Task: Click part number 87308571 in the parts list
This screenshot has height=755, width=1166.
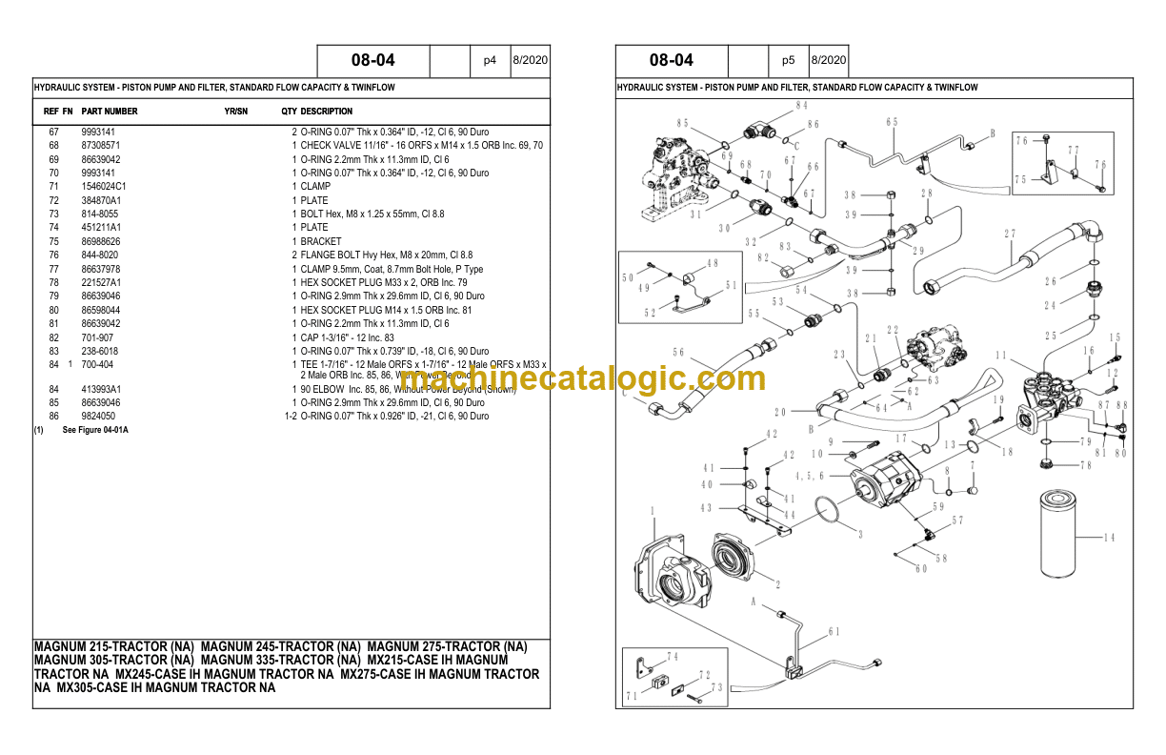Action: (x=100, y=146)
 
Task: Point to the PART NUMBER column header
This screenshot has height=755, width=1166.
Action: (x=110, y=112)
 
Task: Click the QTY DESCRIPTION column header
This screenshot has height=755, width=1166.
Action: (x=316, y=112)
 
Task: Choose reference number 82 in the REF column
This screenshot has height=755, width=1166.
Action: (x=54, y=338)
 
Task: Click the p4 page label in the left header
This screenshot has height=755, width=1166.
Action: (x=490, y=60)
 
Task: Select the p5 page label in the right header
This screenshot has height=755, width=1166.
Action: (x=788, y=60)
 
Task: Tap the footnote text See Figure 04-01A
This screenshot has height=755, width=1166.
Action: (x=95, y=431)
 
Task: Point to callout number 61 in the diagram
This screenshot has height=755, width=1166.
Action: (x=834, y=632)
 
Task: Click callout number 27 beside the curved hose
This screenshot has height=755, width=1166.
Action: (x=1010, y=235)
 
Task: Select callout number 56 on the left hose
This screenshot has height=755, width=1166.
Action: (x=678, y=352)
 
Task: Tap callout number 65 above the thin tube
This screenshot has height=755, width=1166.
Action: (x=892, y=122)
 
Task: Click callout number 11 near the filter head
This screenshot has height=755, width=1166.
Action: (x=1000, y=356)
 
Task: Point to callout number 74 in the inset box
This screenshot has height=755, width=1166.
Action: (x=673, y=657)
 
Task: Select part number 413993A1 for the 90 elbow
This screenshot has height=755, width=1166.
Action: (x=102, y=389)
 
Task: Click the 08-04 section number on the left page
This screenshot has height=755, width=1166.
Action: (x=372, y=60)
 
